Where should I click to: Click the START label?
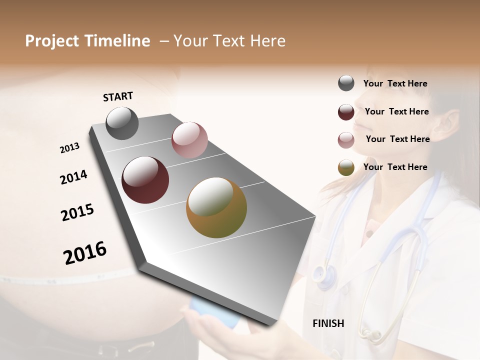point(118,96)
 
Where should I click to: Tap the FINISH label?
point(328,323)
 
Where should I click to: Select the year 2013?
point(70,148)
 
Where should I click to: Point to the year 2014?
point(73,177)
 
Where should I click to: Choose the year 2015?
point(77,212)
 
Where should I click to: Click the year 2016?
point(85,252)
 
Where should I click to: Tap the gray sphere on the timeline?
point(122,123)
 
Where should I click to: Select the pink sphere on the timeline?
point(189,140)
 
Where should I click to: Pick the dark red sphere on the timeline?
point(145,180)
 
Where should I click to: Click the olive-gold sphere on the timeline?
point(216,207)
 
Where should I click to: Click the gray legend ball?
point(346,83)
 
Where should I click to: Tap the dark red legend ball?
point(346,112)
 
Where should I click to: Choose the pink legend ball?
point(346,140)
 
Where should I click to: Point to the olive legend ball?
point(346,168)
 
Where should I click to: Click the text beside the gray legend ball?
point(395,83)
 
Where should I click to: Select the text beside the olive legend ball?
point(395,167)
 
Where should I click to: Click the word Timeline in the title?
point(120,41)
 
